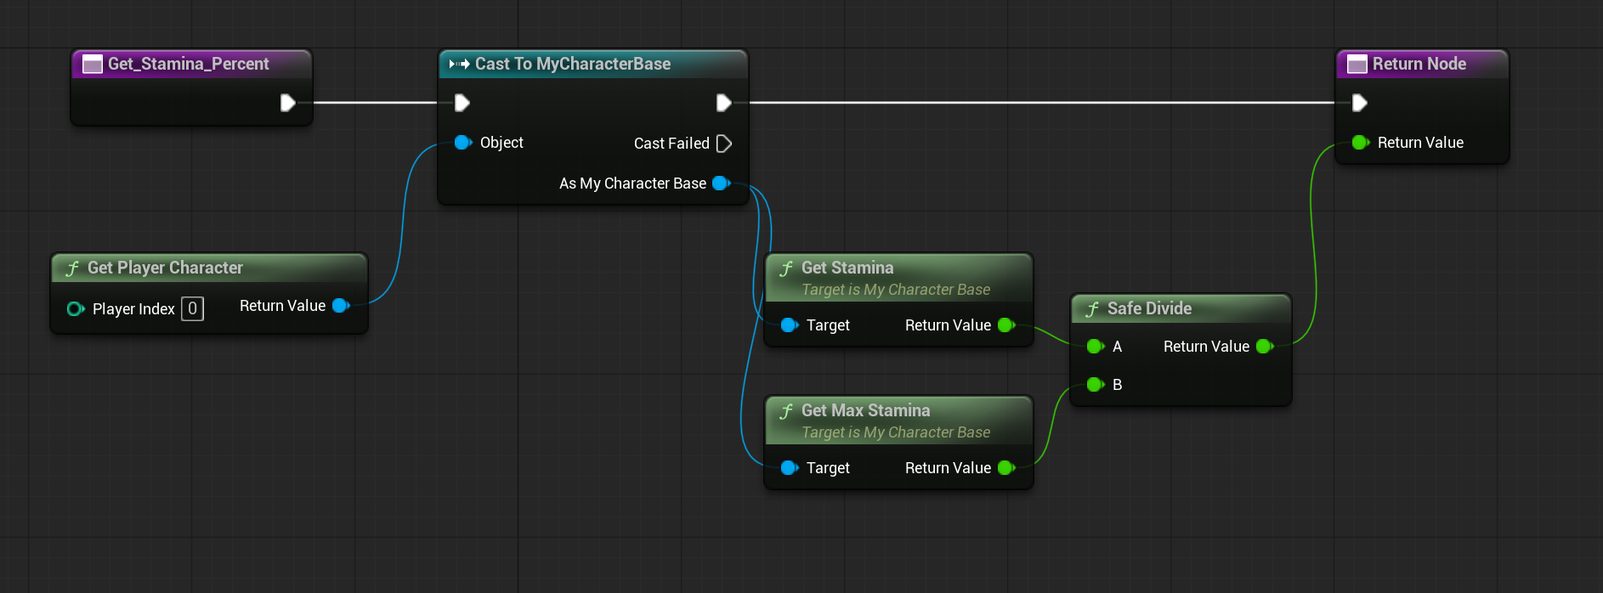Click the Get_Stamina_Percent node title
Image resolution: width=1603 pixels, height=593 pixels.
188,64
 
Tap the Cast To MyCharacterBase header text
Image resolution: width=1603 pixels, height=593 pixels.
573,64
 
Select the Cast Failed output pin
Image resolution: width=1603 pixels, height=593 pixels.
724,144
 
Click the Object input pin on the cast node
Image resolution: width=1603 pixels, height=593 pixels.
463,143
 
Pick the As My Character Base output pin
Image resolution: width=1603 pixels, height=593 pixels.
722,183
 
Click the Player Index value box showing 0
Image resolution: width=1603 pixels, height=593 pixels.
193,308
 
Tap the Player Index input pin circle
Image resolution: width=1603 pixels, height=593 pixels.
76,308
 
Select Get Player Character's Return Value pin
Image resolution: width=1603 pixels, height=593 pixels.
342,305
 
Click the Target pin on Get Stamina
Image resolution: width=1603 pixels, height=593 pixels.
790,325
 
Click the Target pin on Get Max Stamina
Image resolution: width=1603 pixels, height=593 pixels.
790,467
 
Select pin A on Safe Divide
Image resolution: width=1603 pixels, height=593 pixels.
1096,346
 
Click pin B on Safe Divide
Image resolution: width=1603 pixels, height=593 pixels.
1096,385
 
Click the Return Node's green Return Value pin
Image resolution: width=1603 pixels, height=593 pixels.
1361,142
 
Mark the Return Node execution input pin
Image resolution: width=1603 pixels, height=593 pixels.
1360,103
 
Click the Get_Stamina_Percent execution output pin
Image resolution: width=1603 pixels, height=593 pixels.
288,103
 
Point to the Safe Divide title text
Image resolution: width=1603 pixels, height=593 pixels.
1149,308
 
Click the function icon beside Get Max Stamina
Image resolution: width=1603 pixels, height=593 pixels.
786,411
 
